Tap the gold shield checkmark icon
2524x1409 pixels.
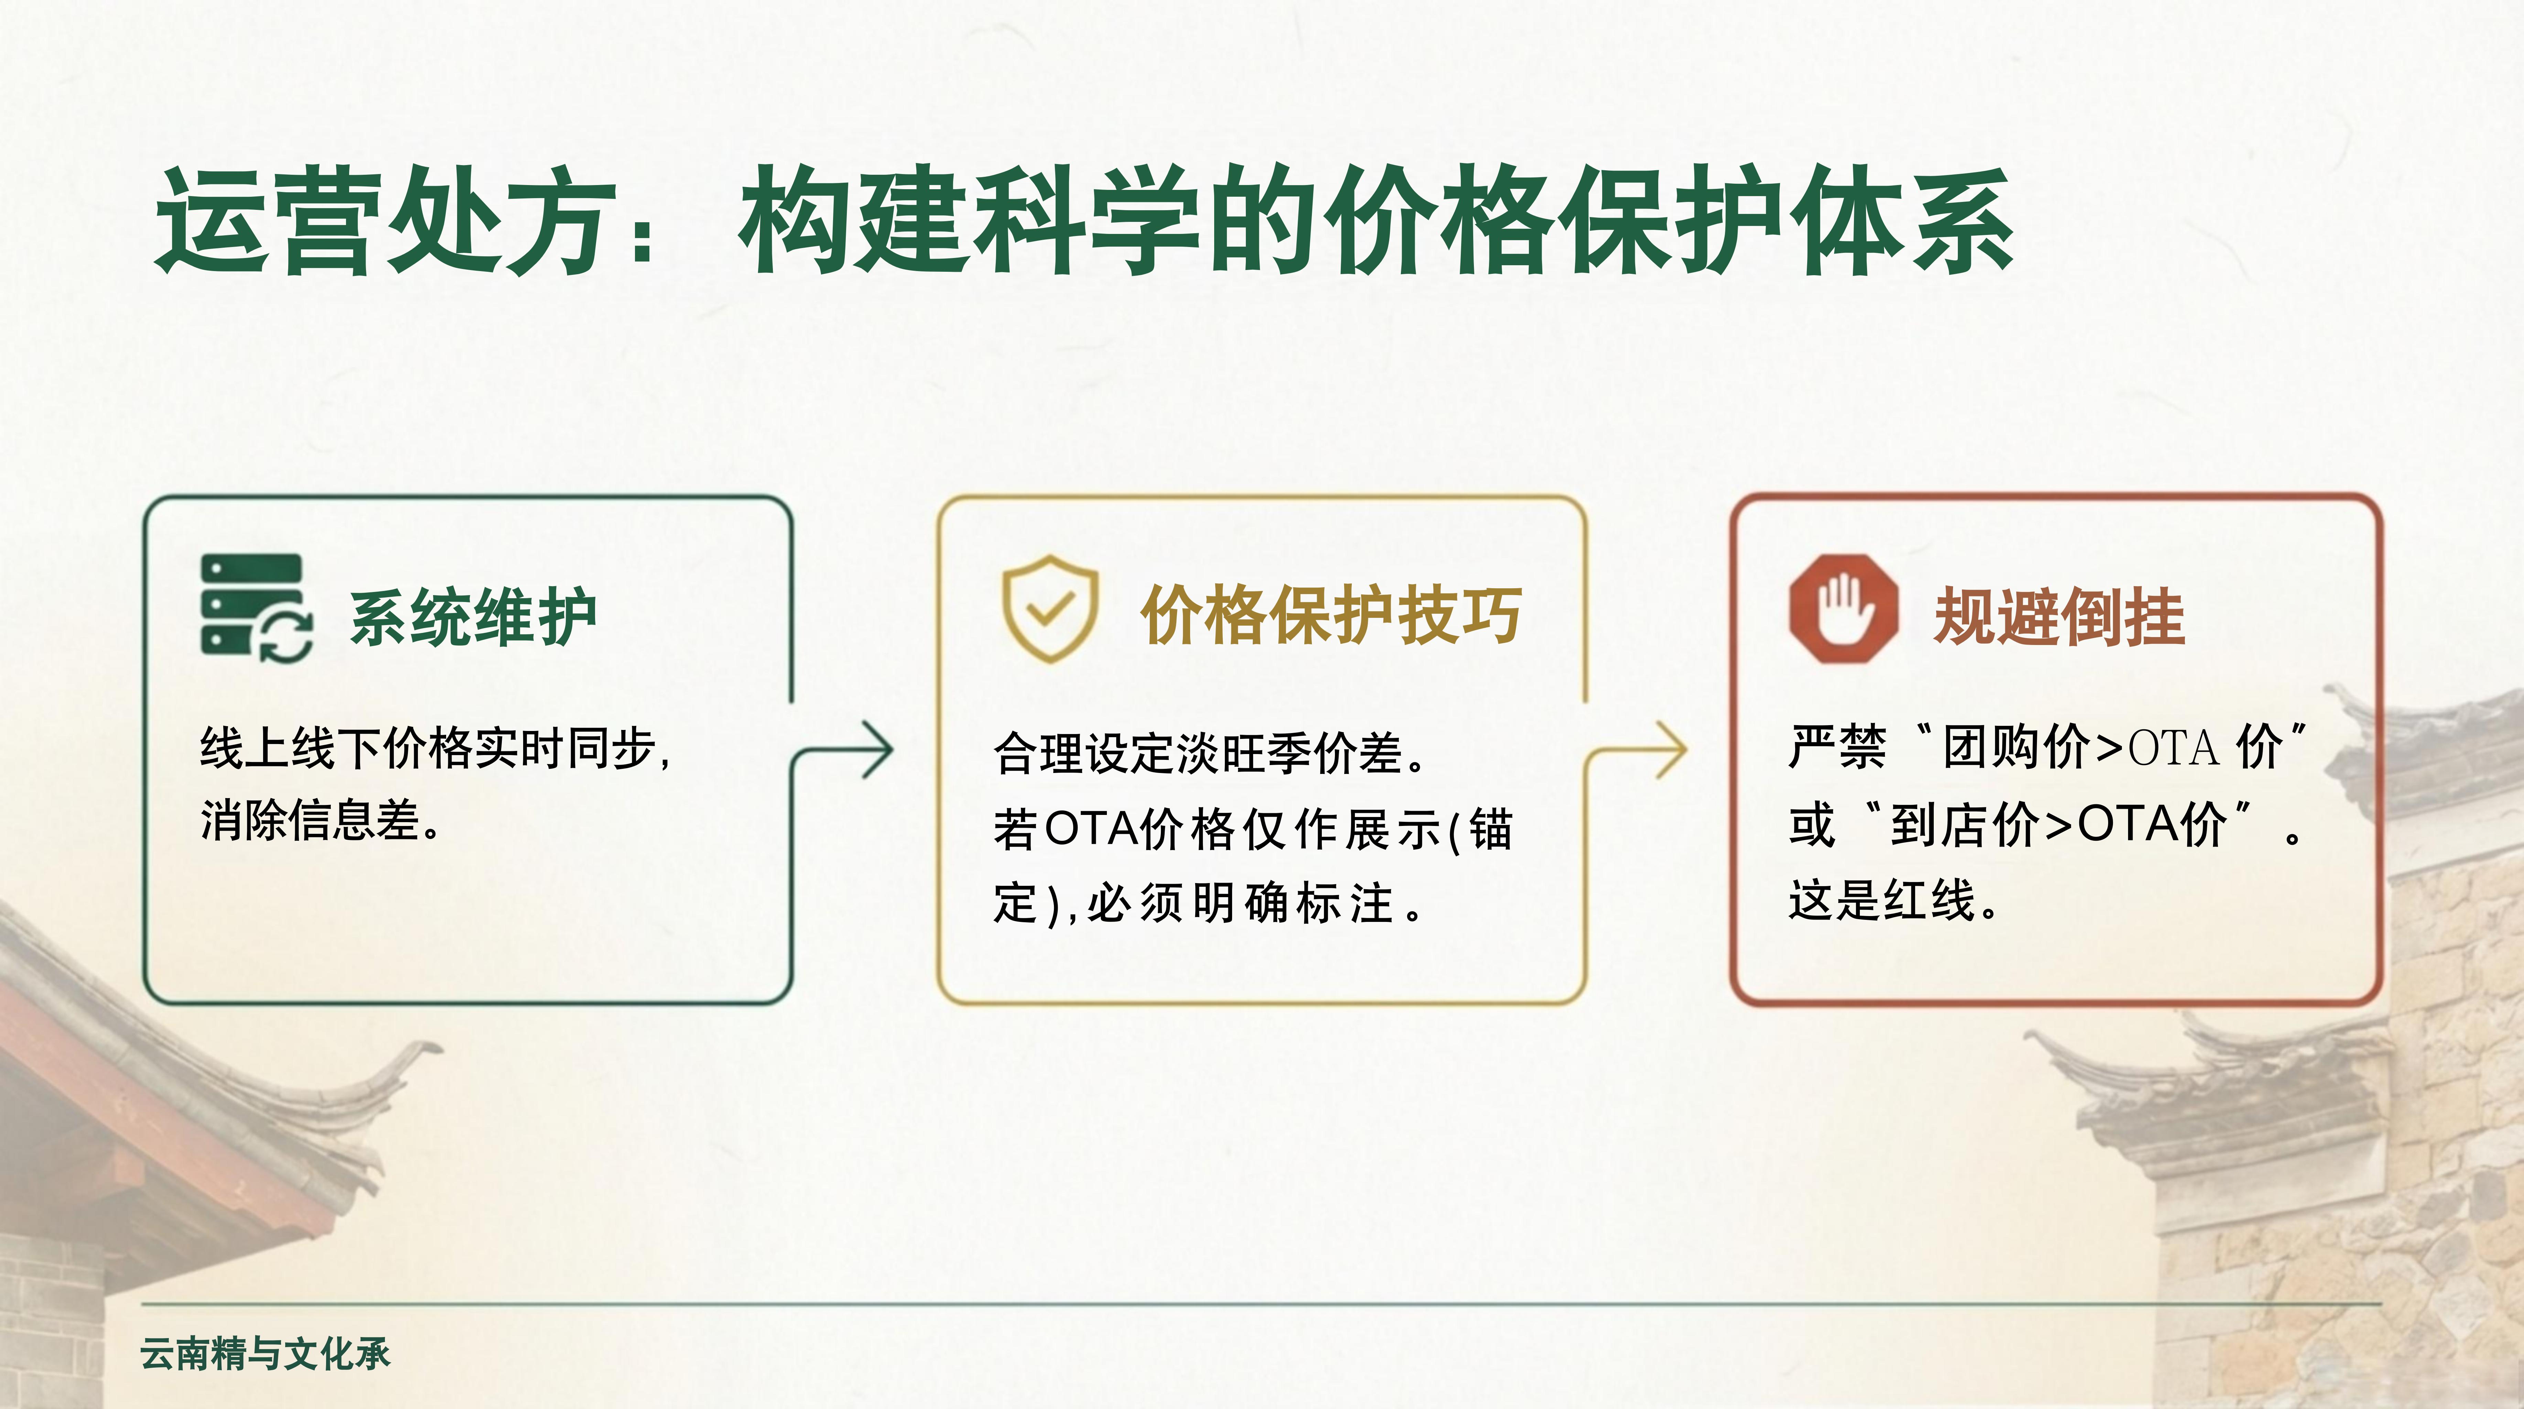point(1049,609)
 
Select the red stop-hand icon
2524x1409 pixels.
point(1843,609)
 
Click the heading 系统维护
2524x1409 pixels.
point(473,617)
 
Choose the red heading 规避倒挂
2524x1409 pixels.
point(2059,617)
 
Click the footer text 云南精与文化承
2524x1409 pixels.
point(265,1353)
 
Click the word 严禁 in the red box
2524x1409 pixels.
point(1837,746)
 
